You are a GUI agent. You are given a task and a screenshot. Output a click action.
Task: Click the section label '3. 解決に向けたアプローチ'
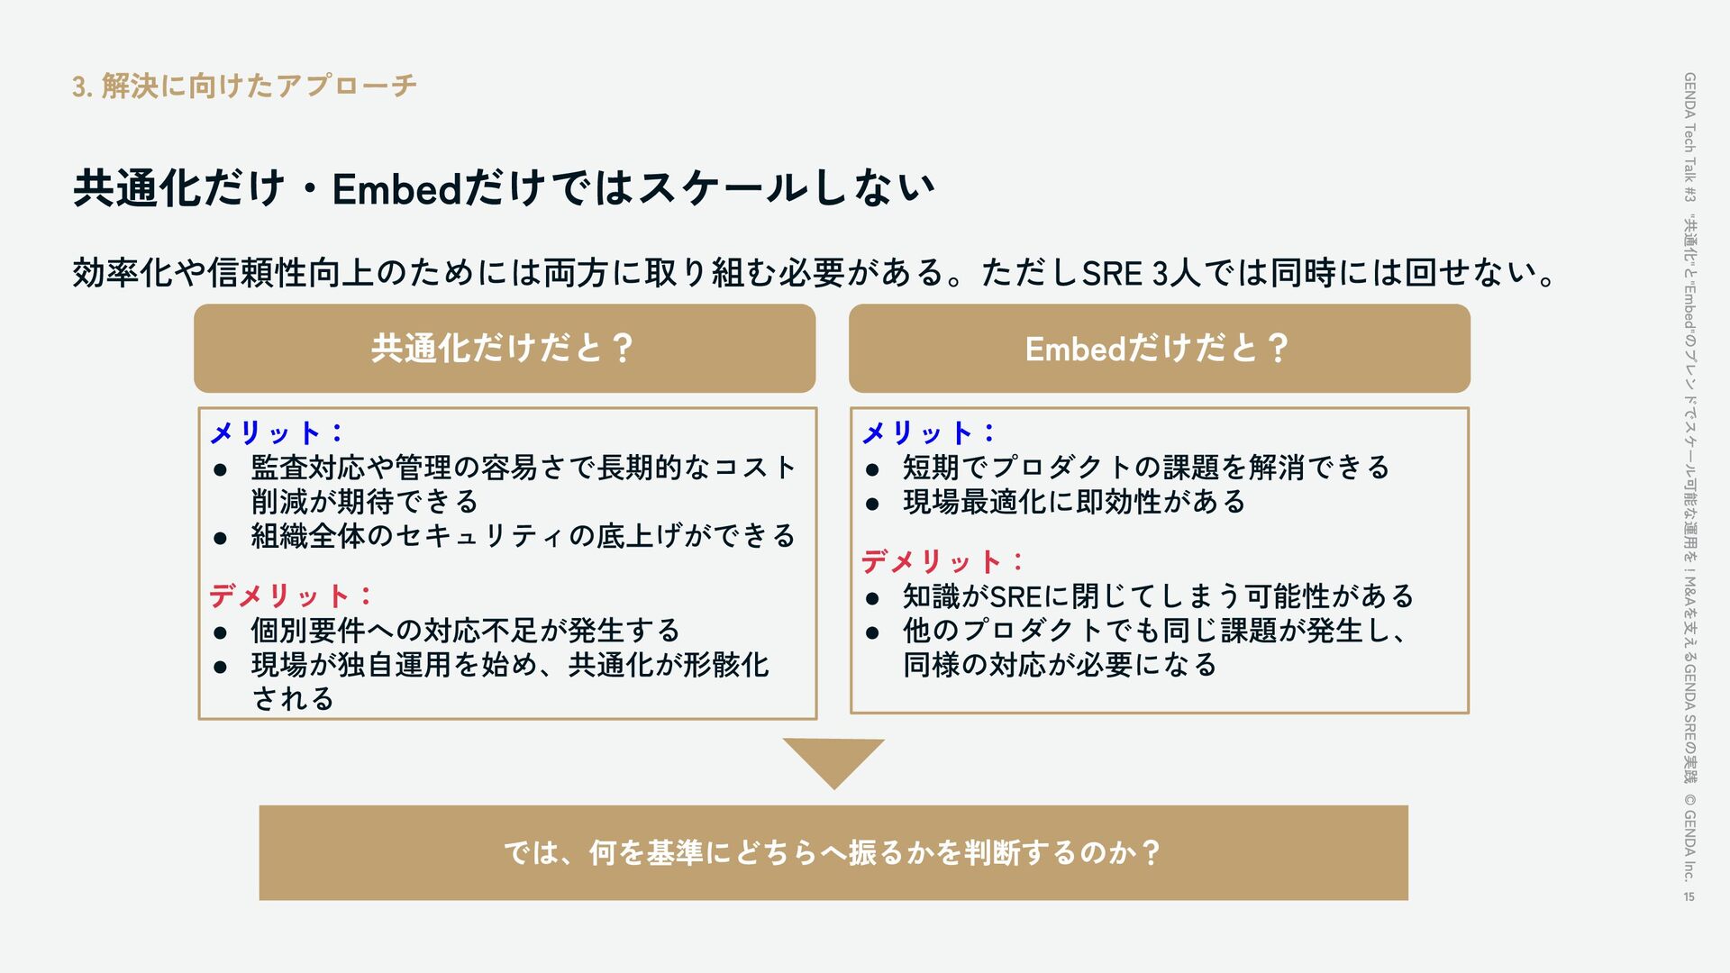click(x=244, y=86)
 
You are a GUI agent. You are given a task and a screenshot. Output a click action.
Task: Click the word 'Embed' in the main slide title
click(x=396, y=189)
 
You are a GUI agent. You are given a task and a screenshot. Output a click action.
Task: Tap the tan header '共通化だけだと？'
click(x=504, y=349)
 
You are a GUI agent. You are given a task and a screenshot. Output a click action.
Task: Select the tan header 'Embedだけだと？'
click(x=1159, y=349)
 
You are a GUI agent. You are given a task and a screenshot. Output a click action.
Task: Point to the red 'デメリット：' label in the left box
click(x=291, y=596)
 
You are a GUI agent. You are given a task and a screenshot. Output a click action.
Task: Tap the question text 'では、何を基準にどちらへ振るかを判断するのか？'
click(x=833, y=852)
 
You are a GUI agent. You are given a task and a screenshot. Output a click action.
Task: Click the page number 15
click(x=1689, y=896)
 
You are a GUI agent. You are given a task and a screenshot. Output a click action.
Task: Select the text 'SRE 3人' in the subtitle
click(x=1141, y=273)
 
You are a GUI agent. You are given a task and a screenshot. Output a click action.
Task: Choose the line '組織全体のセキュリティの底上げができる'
click(x=523, y=537)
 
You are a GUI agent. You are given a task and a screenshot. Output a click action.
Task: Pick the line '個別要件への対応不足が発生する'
click(x=465, y=631)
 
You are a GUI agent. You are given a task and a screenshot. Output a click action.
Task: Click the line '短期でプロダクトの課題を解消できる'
click(x=1146, y=468)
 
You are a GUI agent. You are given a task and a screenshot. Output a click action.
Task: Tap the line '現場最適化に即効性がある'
click(x=1074, y=502)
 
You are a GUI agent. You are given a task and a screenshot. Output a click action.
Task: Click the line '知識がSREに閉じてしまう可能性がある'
click(x=1158, y=596)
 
